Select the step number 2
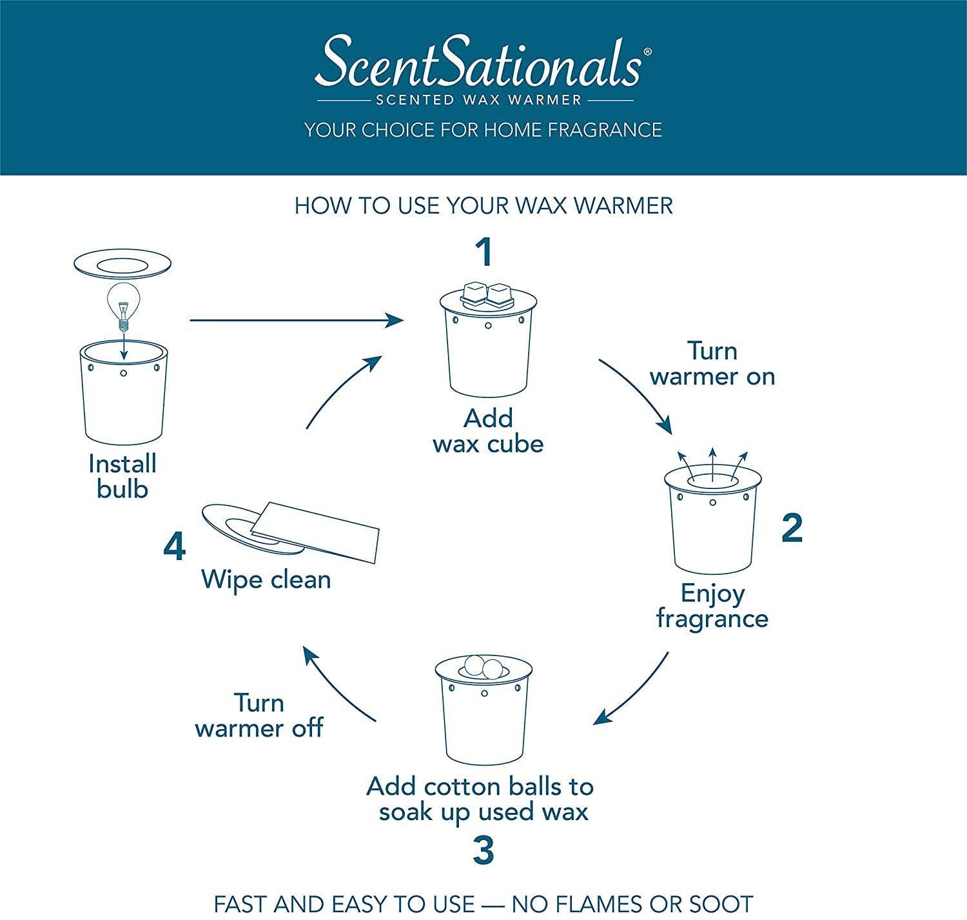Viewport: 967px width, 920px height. (792, 528)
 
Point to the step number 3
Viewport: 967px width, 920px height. (484, 850)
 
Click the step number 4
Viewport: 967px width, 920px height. (175, 547)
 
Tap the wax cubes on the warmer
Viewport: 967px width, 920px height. (487, 294)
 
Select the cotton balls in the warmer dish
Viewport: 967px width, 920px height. (482, 666)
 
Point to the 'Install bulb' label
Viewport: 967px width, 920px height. (122, 476)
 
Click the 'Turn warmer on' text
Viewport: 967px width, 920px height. (712, 364)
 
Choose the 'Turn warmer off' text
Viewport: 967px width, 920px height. (259, 715)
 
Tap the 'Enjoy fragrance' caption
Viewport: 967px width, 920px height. (712, 605)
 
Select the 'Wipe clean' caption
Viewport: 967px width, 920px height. (266, 579)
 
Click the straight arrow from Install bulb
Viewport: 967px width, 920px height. (297, 319)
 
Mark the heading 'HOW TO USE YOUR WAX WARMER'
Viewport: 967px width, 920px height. (484, 206)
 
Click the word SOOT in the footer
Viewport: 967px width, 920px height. (721, 904)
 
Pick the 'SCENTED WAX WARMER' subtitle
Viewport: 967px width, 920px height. (479, 100)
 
